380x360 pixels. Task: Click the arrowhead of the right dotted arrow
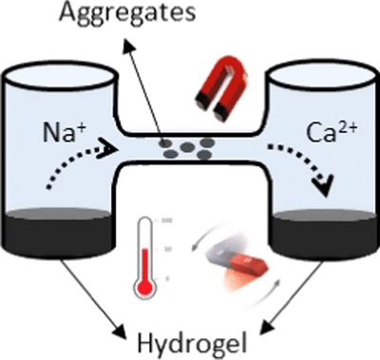coord(326,190)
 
